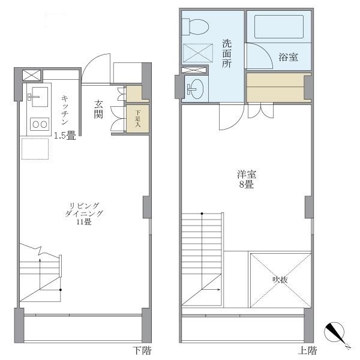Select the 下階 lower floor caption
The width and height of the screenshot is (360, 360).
click(142, 350)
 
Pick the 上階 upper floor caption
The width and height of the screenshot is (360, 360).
click(307, 350)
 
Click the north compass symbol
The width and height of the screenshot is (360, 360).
click(337, 334)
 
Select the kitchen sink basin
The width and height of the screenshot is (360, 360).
click(38, 94)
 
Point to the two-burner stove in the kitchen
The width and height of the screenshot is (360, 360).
click(40, 124)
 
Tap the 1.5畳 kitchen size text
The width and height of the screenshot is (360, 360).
click(64, 136)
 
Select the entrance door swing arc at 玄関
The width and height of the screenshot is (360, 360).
click(96, 68)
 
